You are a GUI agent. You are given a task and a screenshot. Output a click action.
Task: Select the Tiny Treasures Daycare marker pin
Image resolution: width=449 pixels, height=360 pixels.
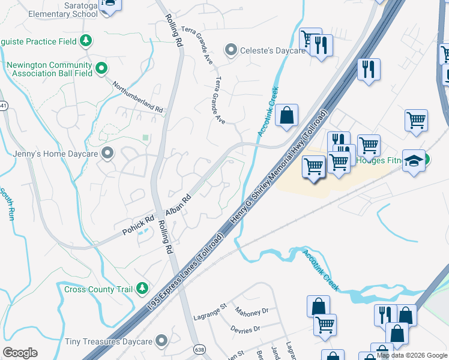tap(161, 341)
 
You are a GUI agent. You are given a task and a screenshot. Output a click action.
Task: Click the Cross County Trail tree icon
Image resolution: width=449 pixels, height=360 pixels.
tap(142, 289)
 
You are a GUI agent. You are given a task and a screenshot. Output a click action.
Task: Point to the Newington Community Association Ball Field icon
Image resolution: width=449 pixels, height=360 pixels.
tap(101, 69)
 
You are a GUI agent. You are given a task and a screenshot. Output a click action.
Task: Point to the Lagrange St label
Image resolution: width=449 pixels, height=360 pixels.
tap(210, 312)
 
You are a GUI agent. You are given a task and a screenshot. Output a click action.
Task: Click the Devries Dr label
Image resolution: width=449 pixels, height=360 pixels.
tap(245, 329)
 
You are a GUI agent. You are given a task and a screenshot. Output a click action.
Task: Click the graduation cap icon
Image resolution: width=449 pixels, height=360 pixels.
tap(414, 161)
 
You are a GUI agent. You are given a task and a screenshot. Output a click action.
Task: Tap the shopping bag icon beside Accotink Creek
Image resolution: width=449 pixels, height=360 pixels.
tap(287, 115)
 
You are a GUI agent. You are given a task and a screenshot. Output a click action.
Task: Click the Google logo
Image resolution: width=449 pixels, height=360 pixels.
tap(20, 353)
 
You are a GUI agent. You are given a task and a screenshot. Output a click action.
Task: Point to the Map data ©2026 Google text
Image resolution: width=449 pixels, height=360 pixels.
tap(412, 355)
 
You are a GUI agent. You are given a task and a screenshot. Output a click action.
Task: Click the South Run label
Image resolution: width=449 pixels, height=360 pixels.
tap(7, 204)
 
